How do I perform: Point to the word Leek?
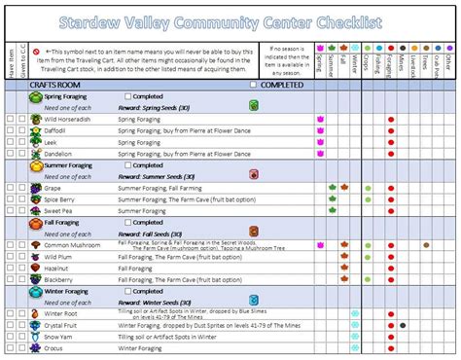pyautogui.click(x=53, y=142)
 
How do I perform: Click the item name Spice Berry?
pyautogui.click(x=61, y=198)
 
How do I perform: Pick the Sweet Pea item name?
pyautogui.click(x=60, y=210)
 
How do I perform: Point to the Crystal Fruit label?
pyautogui.click(x=64, y=326)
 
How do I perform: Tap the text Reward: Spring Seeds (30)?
pyautogui.click(x=157, y=109)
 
